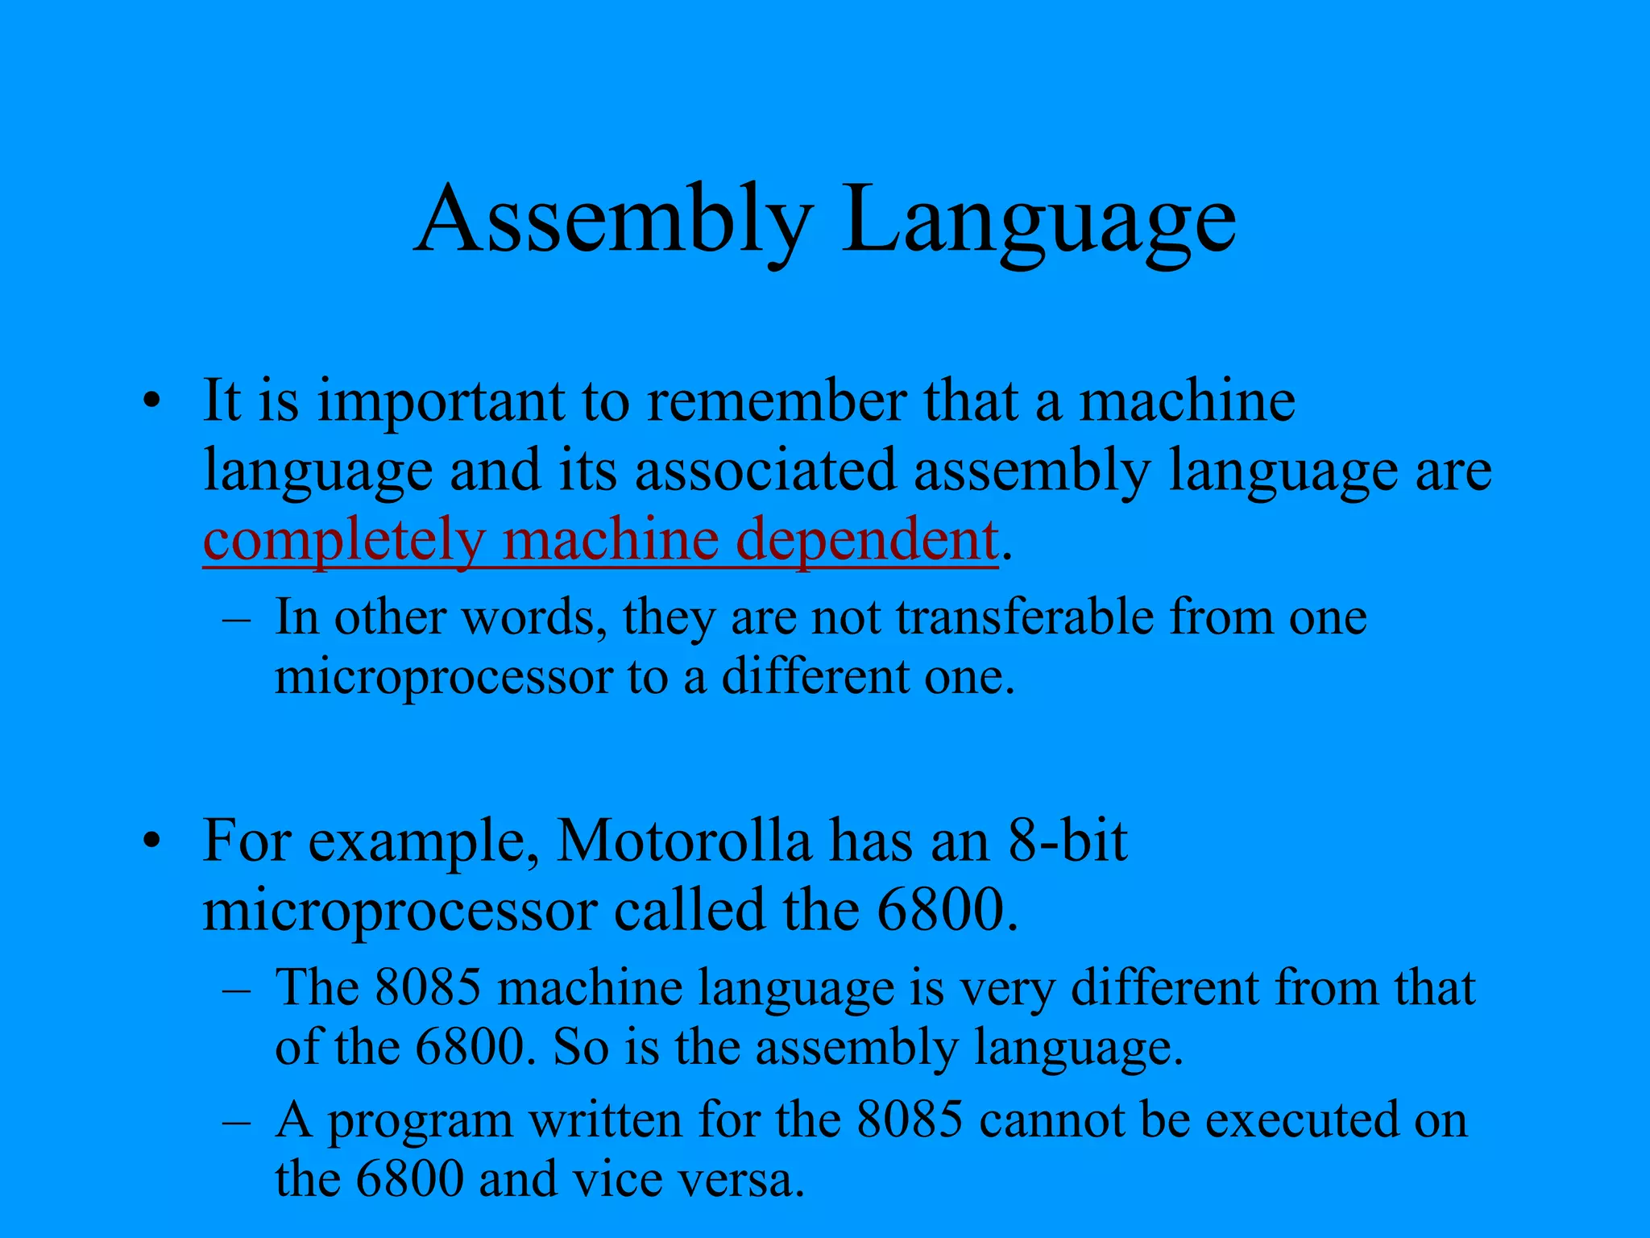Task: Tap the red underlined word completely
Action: [343, 541]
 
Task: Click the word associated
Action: [765, 471]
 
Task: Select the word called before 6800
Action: [689, 912]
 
